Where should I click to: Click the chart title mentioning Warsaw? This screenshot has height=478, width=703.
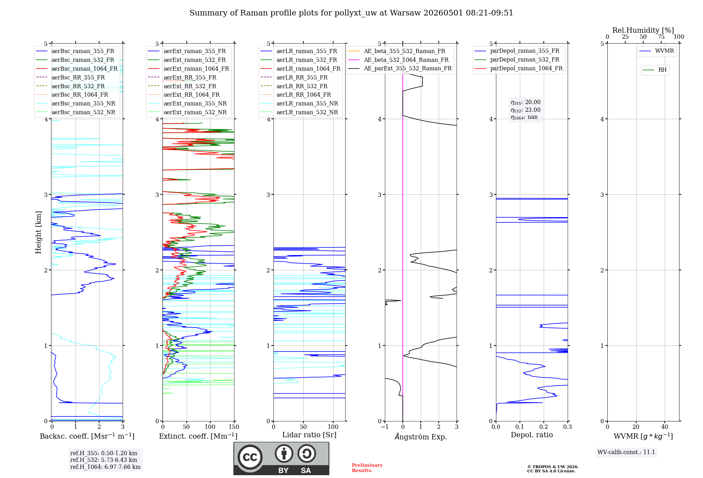[351, 13]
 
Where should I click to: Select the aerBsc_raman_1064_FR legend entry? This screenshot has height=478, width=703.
[77, 69]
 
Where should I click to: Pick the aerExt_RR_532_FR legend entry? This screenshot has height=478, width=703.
[182, 86]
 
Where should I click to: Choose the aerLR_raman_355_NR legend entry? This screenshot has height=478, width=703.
[299, 103]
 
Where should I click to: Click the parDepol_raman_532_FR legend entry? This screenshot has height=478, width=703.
[517, 60]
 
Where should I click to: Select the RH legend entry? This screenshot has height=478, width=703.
[655, 70]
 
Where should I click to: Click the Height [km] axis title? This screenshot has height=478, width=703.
[38, 232]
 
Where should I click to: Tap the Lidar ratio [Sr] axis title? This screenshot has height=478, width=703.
[309, 435]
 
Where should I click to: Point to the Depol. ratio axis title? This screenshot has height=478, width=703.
[532, 435]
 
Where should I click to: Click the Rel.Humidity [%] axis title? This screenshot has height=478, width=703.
[643, 30]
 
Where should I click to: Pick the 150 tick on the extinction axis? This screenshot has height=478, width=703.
[234, 427]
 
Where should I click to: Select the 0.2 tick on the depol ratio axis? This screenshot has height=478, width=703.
[544, 427]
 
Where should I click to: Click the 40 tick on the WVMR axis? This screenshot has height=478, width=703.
[665, 427]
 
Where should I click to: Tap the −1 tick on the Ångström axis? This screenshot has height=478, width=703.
[385, 427]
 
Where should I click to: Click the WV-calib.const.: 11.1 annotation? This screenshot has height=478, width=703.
[626, 452]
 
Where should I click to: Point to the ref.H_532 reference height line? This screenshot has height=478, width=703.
[104, 460]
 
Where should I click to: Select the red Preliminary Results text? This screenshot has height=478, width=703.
[367, 468]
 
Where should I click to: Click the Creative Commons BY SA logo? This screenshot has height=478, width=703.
[281, 458]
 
